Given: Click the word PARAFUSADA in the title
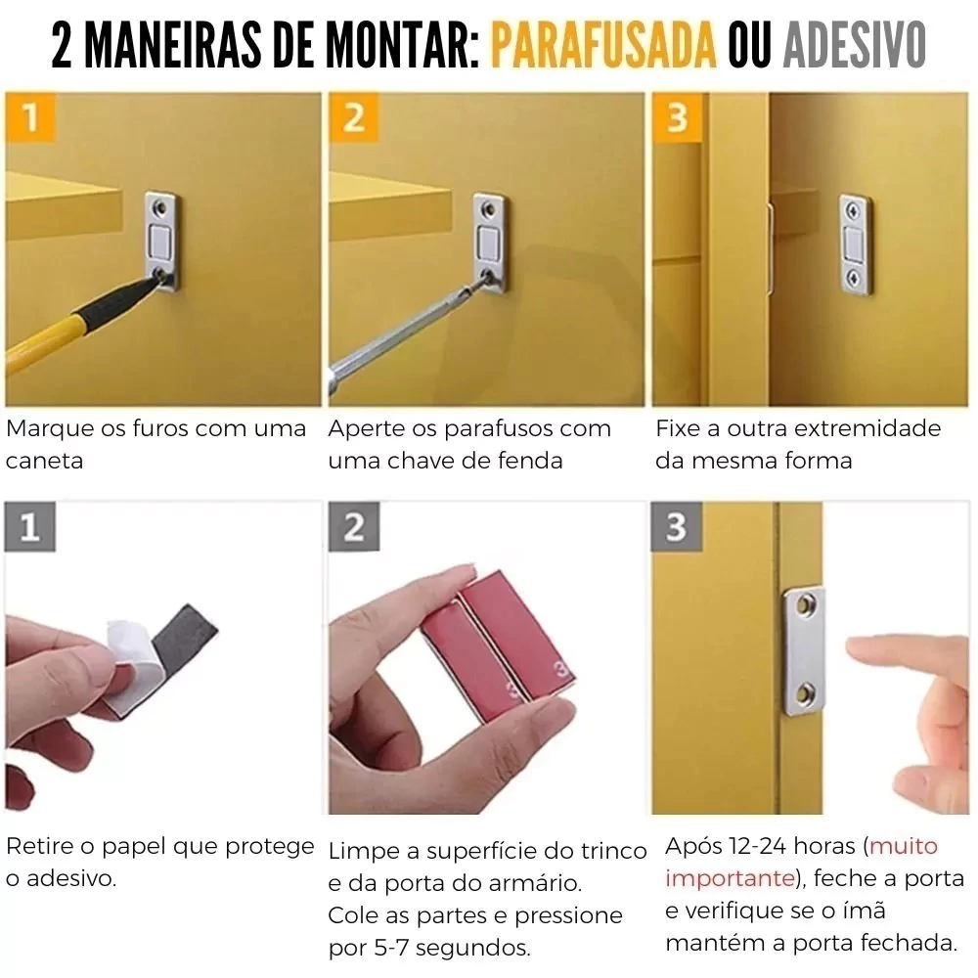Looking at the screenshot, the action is pos(603,45).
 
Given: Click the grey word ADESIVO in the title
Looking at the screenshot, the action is pos(855,45).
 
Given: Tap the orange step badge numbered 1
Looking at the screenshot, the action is pos(30,116).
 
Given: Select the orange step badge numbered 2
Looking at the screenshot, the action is pos(354,116).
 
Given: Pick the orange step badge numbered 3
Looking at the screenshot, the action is pos(678,116).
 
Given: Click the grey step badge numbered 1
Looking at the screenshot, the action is pos(30,527).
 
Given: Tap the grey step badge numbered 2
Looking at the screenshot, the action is pos(354,527).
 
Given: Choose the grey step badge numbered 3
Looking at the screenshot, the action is pos(677,527).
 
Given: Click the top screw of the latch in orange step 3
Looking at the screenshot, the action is pos(853,211).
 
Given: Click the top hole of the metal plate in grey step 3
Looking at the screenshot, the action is pos(805,603).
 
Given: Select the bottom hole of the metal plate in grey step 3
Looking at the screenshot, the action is pos(805,692).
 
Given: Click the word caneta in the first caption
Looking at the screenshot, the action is pos(44,461).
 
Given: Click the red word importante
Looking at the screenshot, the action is pos(730,879).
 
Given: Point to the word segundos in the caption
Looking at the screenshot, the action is pos(472,949).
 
